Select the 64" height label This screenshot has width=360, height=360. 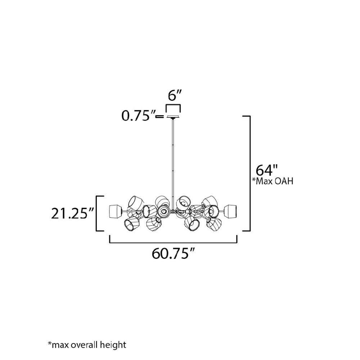[267, 170]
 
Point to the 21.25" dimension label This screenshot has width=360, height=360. [72, 213]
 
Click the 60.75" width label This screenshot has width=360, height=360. [174, 253]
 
